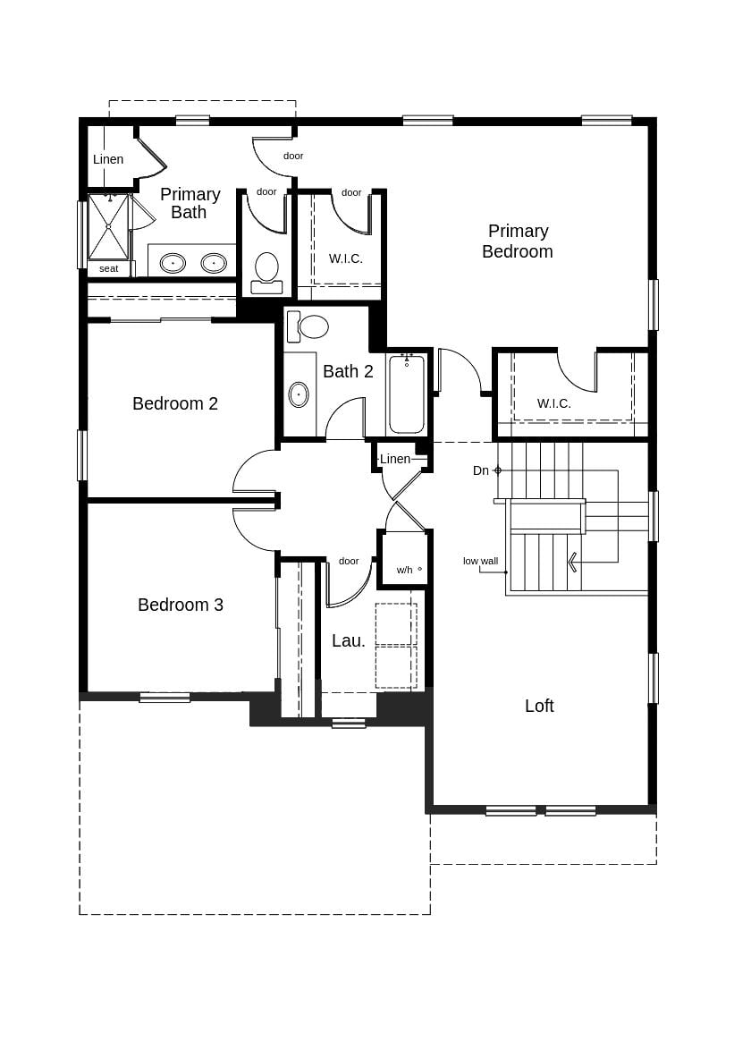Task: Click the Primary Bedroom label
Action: pos(517,241)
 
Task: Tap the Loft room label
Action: pos(539,706)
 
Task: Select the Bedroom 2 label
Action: pos(175,403)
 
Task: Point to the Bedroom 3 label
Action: pos(181,605)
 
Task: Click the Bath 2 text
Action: pos(348,371)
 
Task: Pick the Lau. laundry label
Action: pos(349,640)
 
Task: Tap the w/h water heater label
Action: pos(405,570)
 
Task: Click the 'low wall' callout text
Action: pos(480,561)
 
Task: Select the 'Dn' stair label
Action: pos(481,470)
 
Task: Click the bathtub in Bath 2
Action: pos(407,394)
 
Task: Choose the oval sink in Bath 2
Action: pos(299,394)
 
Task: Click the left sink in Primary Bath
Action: pos(173,263)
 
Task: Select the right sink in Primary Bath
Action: pos(214,263)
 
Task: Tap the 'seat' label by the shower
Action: pos(108,268)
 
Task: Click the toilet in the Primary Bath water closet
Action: pos(266,270)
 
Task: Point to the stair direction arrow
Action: pos(572,562)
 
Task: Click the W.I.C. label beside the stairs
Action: pos(553,403)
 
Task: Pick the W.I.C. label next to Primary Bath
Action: pos(346,258)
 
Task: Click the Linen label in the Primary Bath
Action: pos(108,159)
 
